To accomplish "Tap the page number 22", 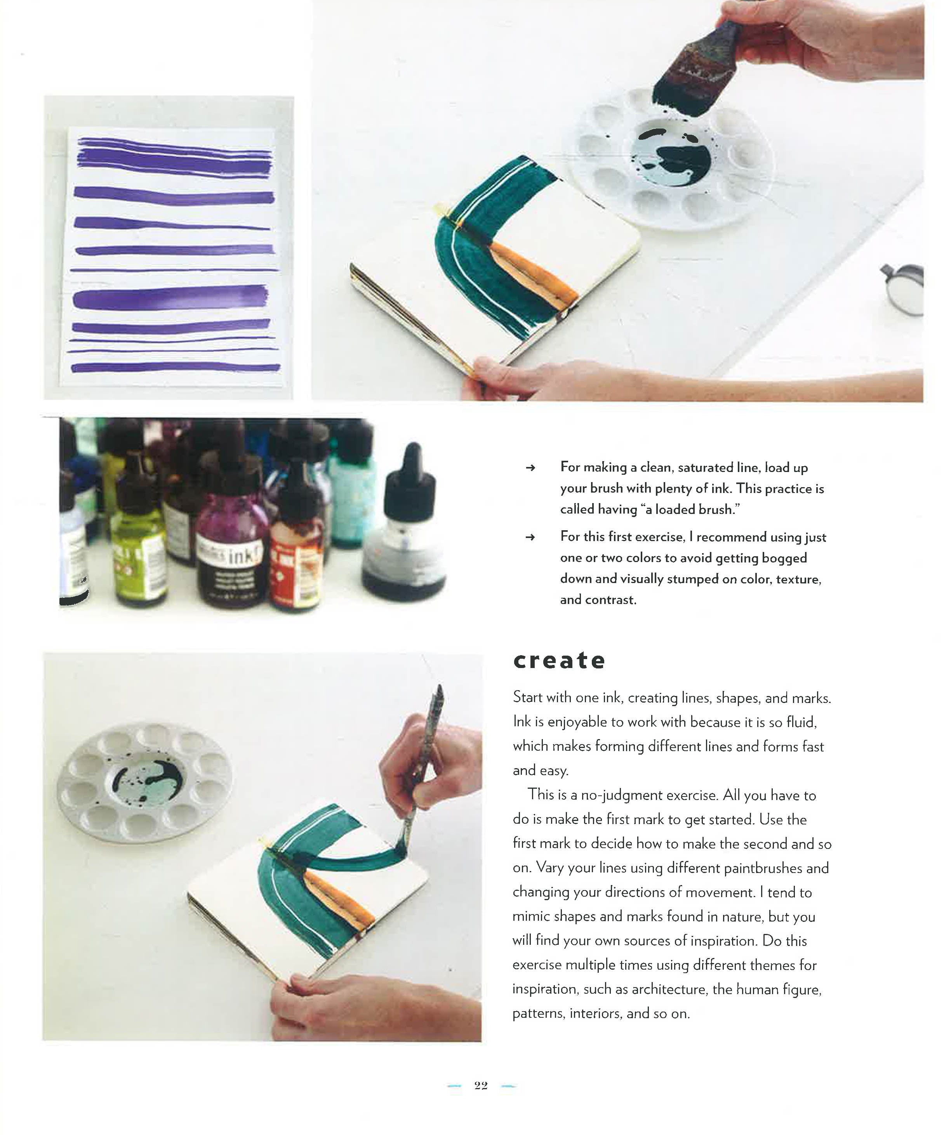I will [481, 1086].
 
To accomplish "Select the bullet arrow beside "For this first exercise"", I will [530, 537].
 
